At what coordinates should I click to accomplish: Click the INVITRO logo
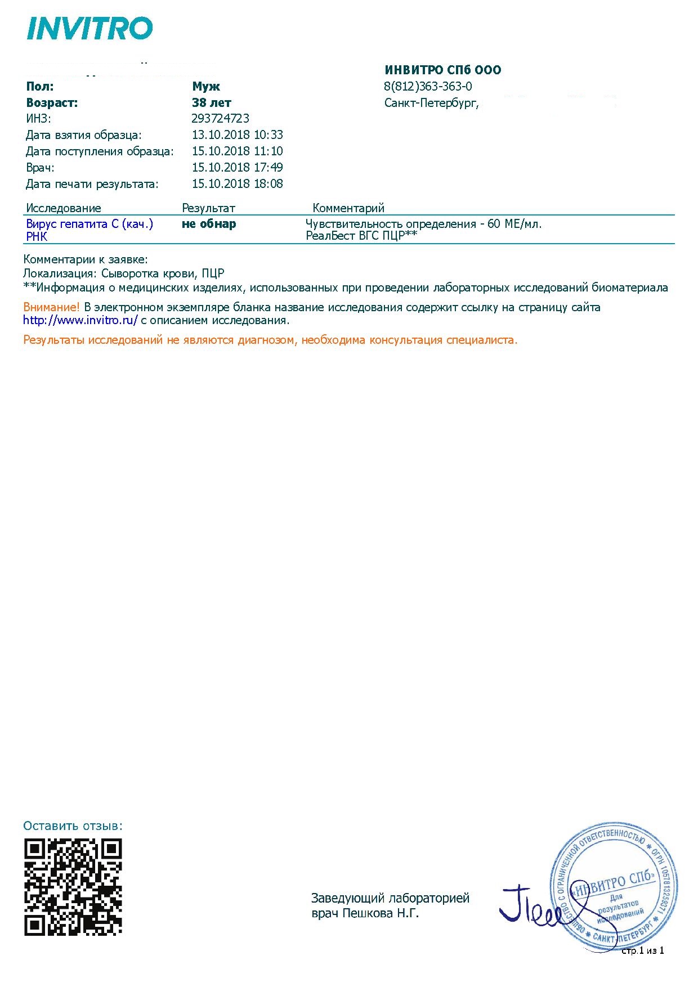point(90,28)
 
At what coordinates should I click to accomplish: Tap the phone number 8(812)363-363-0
point(428,87)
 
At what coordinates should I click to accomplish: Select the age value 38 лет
point(211,103)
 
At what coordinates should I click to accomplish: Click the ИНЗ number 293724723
point(220,119)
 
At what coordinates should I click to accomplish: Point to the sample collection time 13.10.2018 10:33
point(237,135)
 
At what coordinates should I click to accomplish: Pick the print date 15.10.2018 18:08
point(237,184)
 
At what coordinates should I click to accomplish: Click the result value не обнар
point(209,224)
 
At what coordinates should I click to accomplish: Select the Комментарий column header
point(348,208)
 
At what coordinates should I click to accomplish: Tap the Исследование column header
point(64,208)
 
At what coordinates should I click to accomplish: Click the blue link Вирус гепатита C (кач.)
point(90,224)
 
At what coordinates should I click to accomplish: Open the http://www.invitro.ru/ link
point(80,321)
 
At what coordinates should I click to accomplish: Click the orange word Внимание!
point(51,307)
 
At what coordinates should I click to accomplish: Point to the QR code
point(73,887)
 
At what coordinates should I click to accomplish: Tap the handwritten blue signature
point(532,907)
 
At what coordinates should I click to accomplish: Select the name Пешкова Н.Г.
point(381,913)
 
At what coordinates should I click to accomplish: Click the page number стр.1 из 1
point(642,950)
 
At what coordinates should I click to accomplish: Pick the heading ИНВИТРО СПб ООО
point(442,70)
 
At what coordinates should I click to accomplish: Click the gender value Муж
point(206,87)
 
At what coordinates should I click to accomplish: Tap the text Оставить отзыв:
point(73,826)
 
